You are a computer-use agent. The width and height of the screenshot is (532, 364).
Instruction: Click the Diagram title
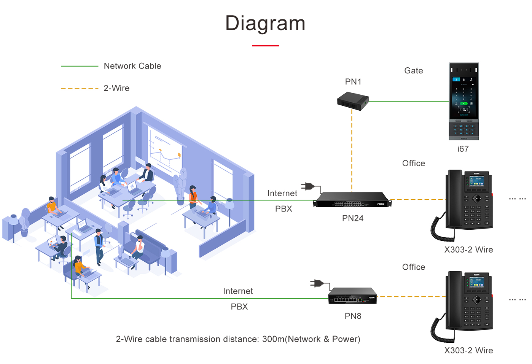265,24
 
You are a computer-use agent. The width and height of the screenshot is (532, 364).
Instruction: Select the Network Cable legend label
132,66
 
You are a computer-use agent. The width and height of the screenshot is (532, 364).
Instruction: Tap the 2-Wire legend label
116,88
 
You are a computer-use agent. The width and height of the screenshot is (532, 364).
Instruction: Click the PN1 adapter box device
353,101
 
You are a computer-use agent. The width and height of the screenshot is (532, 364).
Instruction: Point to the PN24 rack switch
352,200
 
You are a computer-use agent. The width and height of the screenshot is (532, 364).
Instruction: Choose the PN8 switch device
352,296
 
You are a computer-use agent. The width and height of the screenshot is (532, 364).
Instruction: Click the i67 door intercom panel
464,101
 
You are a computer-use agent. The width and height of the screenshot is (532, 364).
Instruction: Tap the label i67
463,149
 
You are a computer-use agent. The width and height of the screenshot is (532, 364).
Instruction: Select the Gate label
413,71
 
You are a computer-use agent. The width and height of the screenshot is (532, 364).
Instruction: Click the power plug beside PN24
308,186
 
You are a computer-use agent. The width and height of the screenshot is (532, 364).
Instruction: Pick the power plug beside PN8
317,283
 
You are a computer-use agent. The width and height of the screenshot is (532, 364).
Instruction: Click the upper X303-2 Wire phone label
468,250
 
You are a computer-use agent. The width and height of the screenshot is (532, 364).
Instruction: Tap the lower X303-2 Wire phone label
468,351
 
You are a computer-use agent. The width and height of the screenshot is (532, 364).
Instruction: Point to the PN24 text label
352,218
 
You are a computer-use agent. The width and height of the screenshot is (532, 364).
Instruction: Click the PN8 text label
353,316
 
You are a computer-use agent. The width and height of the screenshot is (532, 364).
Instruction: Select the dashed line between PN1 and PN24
352,152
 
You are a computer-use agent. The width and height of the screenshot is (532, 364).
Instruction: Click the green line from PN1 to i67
409,101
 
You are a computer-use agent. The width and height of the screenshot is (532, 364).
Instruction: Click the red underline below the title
265,46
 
